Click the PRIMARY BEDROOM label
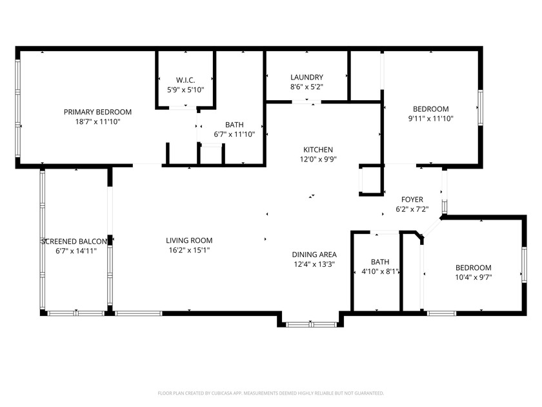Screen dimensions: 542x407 tap(97, 112)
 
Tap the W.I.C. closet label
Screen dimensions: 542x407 tap(186, 80)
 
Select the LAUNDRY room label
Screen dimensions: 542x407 tap(306, 77)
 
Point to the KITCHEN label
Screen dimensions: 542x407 tap(318, 150)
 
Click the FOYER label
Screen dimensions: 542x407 tap(412, 200)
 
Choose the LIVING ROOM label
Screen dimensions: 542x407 tap(189, 240)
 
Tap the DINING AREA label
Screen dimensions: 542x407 tap(314, 255)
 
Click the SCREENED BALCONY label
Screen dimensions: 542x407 tap(74, 242)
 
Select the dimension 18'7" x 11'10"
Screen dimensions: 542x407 tap(97, 122)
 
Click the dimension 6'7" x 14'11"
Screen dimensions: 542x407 tap(76, 251)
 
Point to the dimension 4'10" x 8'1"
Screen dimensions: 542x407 tap(380, 272)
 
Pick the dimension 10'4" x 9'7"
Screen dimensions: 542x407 tap(473, 277)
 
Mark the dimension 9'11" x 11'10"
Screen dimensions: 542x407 tap(431, 119)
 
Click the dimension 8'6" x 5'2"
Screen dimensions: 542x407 tap(306, 87)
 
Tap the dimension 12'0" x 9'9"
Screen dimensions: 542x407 tap(318, 160)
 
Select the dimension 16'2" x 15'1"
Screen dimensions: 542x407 tap(189, 250)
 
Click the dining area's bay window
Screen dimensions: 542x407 tap(312, 324)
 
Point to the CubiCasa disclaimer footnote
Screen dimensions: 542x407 tap(270, 393)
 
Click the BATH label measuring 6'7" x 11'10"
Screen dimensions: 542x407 tap(234, 125)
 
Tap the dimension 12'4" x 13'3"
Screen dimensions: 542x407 tap(314, 264)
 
